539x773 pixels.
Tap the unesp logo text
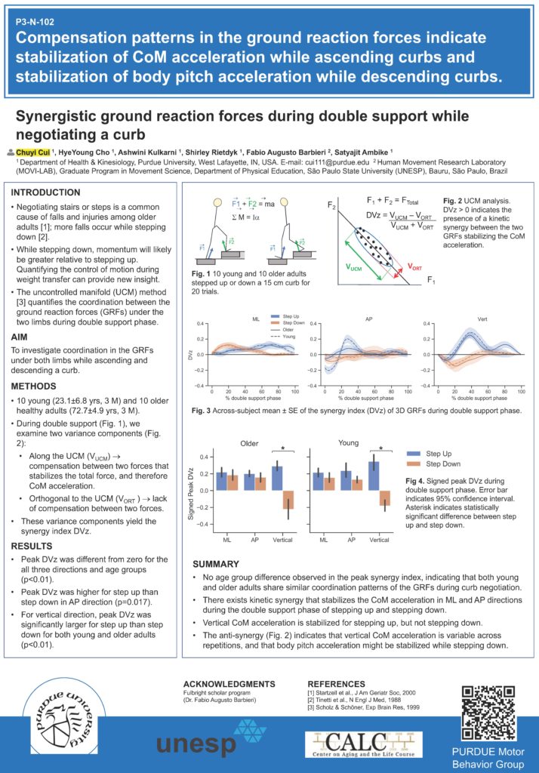pos(196,744)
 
